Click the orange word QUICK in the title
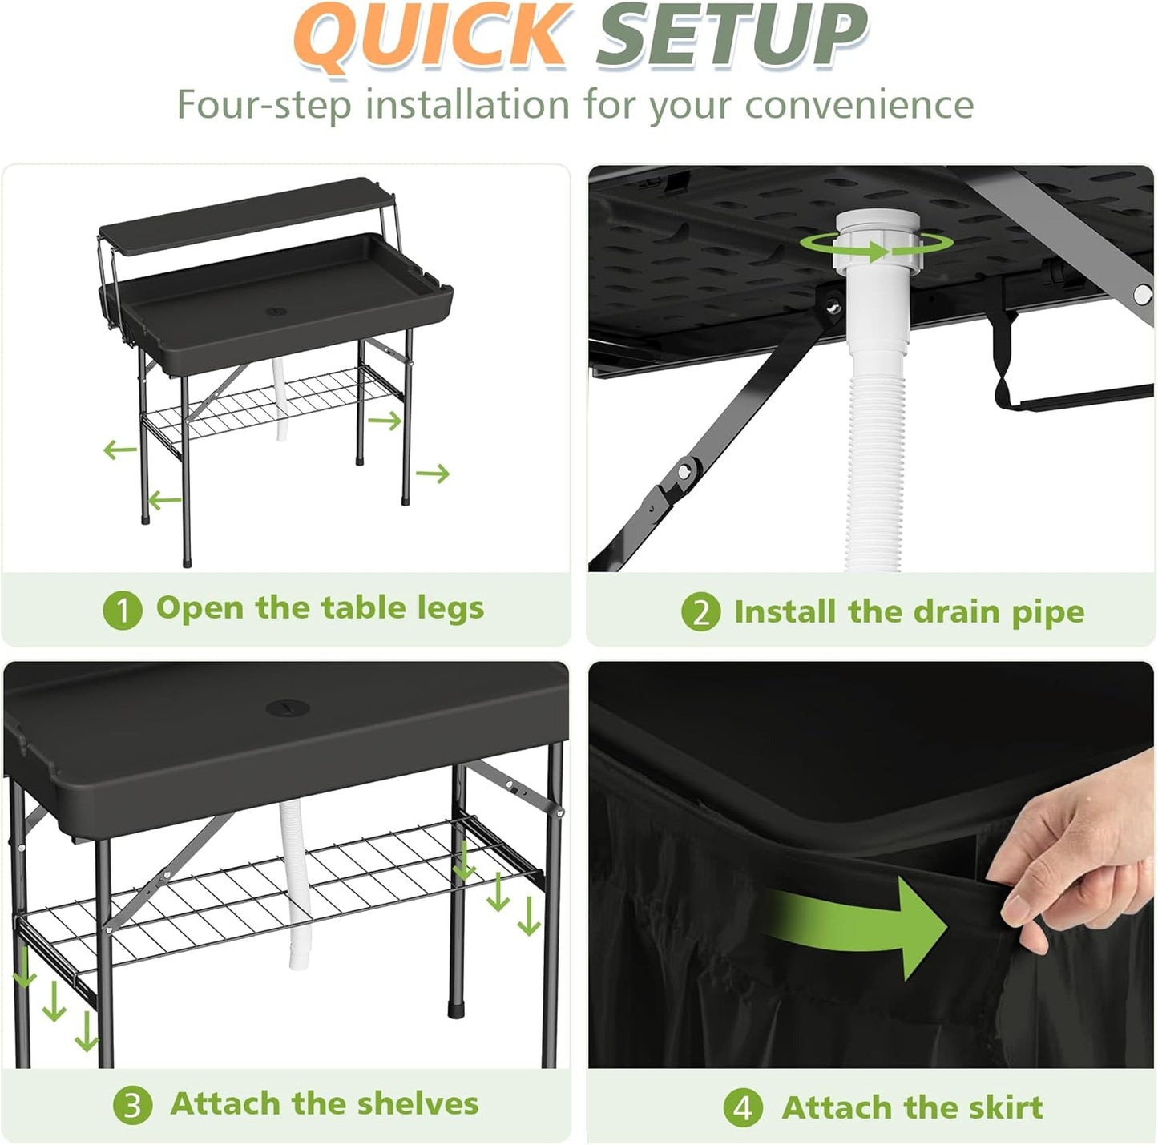click(x=431, y=35)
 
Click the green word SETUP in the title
click(x=731, y=35)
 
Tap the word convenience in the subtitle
click(x=859, y=105)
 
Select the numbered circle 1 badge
click(x=123, y=611)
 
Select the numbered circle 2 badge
click(x=700, y=613)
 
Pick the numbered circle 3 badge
click(x=132, y=1106)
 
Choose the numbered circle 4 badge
click(x=743, y=1109)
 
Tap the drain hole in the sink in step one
click(x=275, y=308)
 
